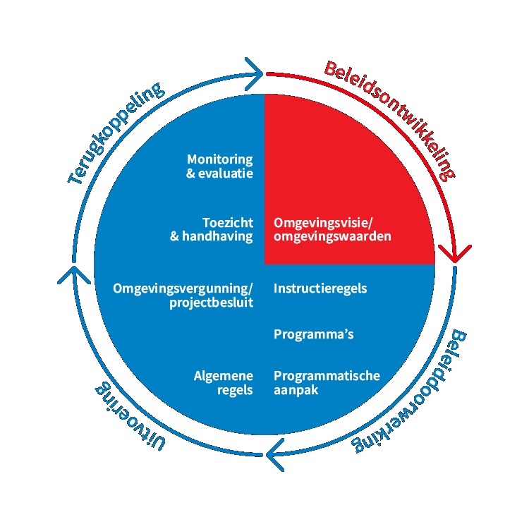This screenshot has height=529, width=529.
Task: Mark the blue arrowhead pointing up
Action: (x=71, y=274)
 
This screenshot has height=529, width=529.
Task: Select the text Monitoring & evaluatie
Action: (x=219, y=166)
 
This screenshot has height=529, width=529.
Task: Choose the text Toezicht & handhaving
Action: (x=212, y=229)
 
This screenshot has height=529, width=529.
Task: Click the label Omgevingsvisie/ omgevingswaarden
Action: (x=332, y=229)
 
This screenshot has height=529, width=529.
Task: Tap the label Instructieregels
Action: (x=320, y=288)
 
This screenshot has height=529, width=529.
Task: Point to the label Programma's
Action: (x=313, y=334)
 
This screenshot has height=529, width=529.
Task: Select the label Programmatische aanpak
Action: (x=327, y=382)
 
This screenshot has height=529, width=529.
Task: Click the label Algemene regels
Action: (x=224, y=382)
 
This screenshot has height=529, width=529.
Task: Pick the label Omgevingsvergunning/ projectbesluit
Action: (x=183, y=295)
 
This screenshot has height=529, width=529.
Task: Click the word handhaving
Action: (x=218, y=236)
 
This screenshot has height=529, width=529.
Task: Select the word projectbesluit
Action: (x=211, y=303)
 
